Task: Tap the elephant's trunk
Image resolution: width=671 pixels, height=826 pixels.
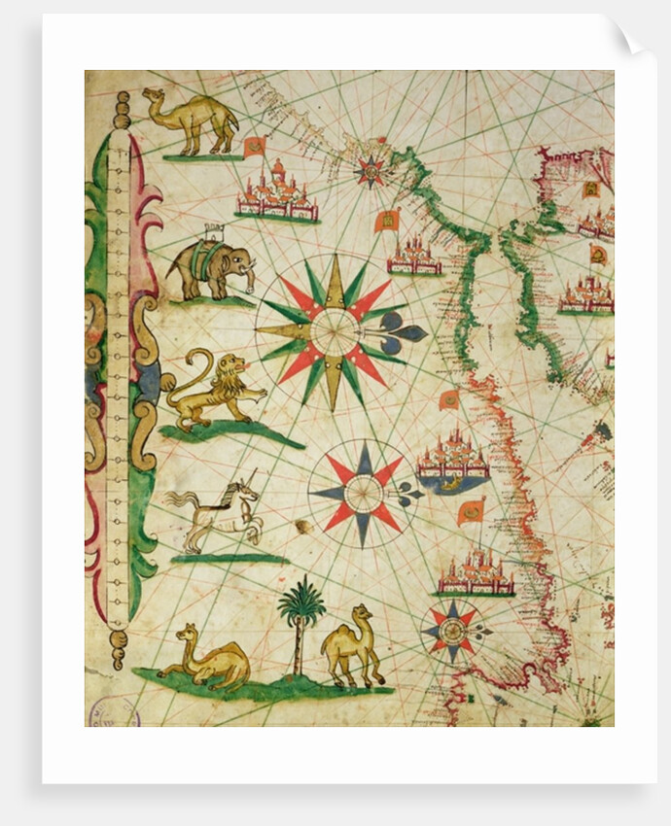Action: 252,280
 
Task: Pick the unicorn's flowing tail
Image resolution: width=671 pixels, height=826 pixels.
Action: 178,500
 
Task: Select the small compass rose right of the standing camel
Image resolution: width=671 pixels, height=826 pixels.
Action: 451,630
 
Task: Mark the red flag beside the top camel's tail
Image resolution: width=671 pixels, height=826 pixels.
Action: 255,147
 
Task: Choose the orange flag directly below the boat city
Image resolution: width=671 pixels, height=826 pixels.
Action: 472,511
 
